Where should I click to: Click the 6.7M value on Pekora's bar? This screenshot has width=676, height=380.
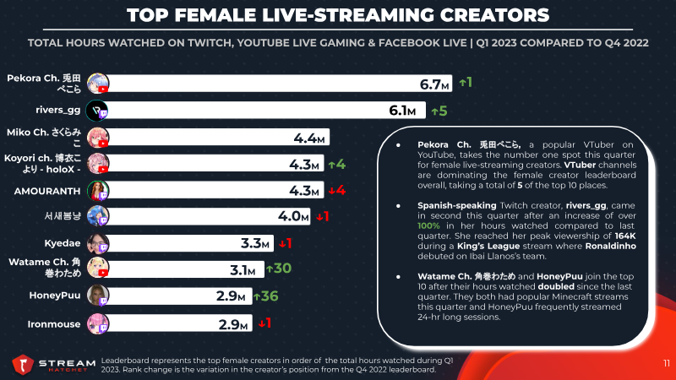[434, 84]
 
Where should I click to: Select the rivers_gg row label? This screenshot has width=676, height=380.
[57, 111]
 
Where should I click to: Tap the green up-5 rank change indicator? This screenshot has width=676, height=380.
[439, 111]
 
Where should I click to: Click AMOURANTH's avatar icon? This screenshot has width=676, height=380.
[98, 191]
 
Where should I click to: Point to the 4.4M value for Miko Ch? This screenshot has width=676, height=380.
[308, 138]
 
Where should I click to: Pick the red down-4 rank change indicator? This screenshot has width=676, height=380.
[336, 190]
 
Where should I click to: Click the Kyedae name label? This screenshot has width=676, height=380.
[62, 243]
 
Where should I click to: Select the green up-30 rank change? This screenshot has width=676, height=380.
[279, 269]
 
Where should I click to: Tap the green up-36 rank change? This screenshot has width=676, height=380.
[265, 296]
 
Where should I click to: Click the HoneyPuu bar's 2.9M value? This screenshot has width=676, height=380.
[231, 296]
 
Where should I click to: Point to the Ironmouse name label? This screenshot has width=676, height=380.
[54, 324]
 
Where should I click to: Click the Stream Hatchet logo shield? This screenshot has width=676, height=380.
[23, 365]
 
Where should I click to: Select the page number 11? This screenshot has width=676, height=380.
[667, 364]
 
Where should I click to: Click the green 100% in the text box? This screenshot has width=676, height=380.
[428, 226]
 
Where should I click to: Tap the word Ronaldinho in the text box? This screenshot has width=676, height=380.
[610, 246]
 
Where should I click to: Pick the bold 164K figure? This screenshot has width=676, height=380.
[625, 236]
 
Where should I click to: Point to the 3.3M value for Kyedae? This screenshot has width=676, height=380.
[255, 244]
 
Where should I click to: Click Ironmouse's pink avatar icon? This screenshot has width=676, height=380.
[98, 324]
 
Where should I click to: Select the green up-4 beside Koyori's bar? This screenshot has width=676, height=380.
[336, 165]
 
